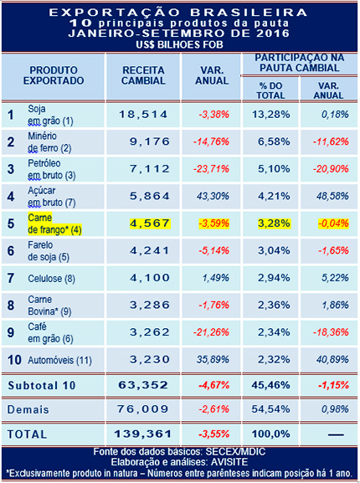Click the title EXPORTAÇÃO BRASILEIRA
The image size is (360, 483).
(179, 13)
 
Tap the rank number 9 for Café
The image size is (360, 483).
(11, 331)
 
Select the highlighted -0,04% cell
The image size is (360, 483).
(322, 223)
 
